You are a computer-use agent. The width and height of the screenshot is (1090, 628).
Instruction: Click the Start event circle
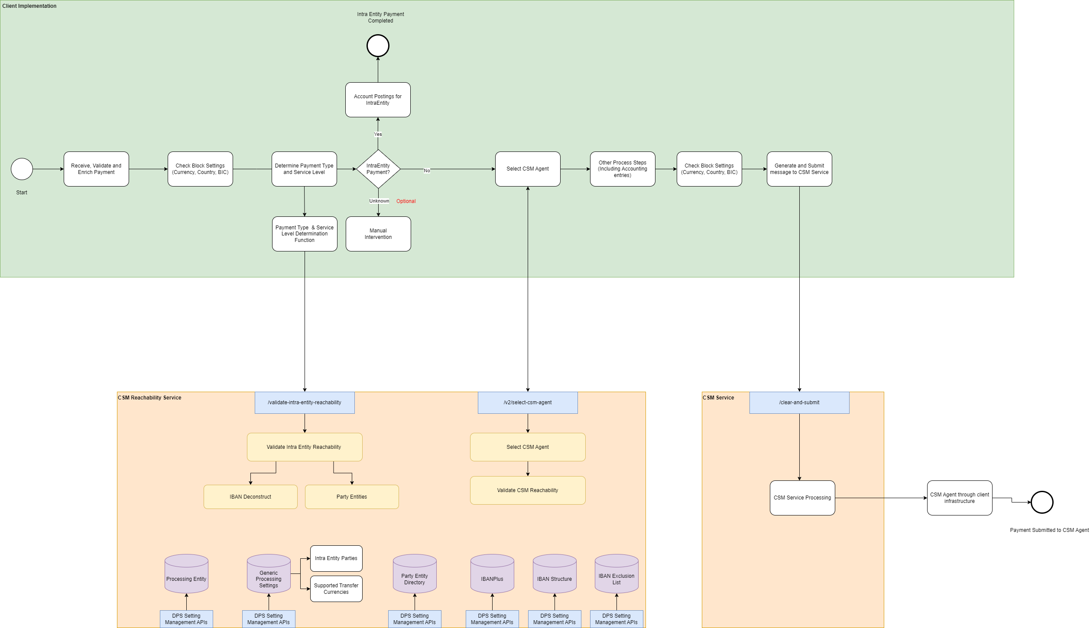point(22,169)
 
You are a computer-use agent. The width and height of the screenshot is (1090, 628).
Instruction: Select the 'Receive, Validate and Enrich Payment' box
point(96,169)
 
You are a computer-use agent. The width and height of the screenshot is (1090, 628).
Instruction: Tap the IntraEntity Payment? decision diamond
point(378,169)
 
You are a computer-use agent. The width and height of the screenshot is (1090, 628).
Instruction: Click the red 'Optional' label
point(406,201)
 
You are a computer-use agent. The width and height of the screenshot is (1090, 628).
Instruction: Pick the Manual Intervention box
point(378,234)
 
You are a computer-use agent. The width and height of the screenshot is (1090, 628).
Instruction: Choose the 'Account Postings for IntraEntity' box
point(378,100)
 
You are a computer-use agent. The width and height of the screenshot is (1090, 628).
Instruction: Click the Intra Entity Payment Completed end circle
point(378,46)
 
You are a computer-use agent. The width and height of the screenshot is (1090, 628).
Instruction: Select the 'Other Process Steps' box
point(623,169)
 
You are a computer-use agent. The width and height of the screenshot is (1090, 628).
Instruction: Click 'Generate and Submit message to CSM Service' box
point(799,169)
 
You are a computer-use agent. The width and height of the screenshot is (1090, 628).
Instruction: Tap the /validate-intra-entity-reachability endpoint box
point(305,403)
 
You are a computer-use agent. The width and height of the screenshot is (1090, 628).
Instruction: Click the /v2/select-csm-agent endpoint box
point(528,403)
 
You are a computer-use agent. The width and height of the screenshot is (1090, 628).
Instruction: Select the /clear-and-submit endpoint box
point(799,403)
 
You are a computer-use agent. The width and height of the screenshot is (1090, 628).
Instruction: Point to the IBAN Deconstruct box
point(250,497)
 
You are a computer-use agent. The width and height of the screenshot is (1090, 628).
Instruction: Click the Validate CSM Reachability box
point(528,490)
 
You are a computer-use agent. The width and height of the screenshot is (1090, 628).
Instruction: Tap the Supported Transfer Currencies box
point(336,589)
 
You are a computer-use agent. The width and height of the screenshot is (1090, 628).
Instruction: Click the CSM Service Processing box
point(802,498)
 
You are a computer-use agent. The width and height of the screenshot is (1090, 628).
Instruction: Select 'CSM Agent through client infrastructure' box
point(960,498)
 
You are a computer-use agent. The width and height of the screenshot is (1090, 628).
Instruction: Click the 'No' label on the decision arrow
point(427,171)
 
